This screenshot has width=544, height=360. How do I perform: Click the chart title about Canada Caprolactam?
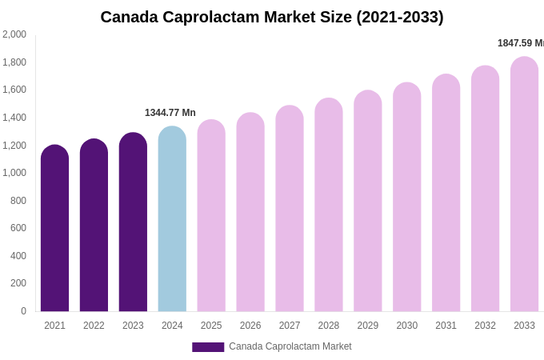point(272,17)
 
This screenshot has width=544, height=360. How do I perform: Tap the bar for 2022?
point(94,228)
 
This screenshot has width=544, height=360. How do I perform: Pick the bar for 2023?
point(133,224)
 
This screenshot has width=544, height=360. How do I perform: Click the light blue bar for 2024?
point(172,220)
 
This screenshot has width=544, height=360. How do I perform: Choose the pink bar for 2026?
point(250,214)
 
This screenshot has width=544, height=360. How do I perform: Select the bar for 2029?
point(368,204)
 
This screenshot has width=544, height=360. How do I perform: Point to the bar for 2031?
point(446,196)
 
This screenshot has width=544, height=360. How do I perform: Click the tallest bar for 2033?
point(524,186)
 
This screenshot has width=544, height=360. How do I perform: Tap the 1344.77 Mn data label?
point(170,113)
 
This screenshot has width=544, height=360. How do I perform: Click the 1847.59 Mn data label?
point(520,43)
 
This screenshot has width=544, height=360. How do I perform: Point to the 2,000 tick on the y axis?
point(14,34)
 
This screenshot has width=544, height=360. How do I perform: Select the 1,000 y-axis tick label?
point(14,173)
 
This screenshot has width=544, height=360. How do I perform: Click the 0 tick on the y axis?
point(23,311)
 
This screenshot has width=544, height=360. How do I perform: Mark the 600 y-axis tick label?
point(18,228)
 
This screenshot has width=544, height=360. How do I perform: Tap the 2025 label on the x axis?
point(211,326)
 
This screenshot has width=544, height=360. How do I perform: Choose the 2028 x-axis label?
point(329,326)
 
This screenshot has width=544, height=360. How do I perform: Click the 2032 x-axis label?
point(485,326)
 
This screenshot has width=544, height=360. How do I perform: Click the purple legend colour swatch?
point(208,347)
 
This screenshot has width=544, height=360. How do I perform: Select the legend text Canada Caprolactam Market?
point(290,346)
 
